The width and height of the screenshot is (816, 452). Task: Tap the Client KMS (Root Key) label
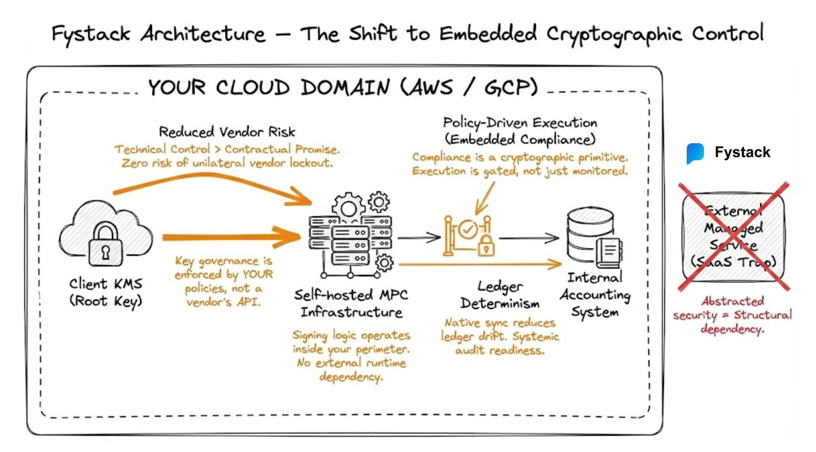[105, 292]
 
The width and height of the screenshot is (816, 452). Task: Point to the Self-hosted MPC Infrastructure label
[351, 303]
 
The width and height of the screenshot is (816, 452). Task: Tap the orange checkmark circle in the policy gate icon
[468, 229]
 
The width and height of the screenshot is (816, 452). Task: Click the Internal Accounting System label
[595, 295]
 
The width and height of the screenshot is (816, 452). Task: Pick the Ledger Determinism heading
[500, 295]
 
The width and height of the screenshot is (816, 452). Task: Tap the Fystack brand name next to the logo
[742, 152]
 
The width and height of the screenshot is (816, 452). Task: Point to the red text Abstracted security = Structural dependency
[732, 315]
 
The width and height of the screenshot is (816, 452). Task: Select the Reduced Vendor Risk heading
[227, 132]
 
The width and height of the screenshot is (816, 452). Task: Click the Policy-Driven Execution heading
[520, 131]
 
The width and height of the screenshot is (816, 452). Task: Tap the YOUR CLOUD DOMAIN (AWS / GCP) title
[343, 87]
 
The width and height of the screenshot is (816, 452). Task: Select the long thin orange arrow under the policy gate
[479, 265]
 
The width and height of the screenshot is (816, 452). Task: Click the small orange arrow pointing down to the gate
[485, 198]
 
